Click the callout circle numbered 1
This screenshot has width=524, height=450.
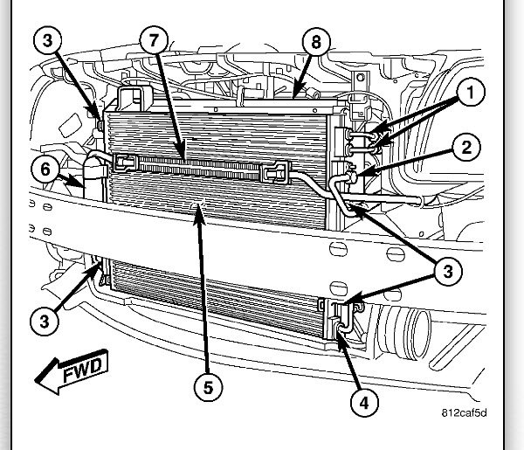tap(469, 93)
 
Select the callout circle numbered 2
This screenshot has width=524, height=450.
tap(467, 147)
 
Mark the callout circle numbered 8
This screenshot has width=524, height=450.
tap(316, 41)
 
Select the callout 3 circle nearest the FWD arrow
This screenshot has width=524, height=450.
tap(45, 321)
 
